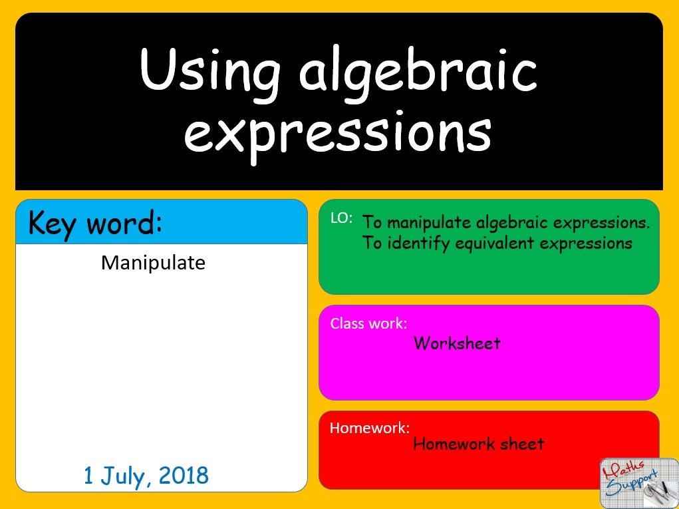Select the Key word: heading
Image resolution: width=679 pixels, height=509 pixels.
(95, 224)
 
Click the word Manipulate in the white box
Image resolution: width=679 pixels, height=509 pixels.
(153, 263)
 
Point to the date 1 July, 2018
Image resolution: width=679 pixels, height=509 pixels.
(146, 475)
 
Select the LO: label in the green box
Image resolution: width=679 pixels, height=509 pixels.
(341, 218)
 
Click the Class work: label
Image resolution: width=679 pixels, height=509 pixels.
(368, 323)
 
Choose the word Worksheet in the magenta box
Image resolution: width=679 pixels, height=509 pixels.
(457, 343)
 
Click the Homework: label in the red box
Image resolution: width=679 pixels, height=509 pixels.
(370, 427)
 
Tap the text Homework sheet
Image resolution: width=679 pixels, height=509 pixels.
(478, 443)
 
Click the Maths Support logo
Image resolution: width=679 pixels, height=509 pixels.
(638, 482)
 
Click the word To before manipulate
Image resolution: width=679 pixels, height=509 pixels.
(372, 222)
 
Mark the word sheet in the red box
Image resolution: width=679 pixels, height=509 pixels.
(521, 443)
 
